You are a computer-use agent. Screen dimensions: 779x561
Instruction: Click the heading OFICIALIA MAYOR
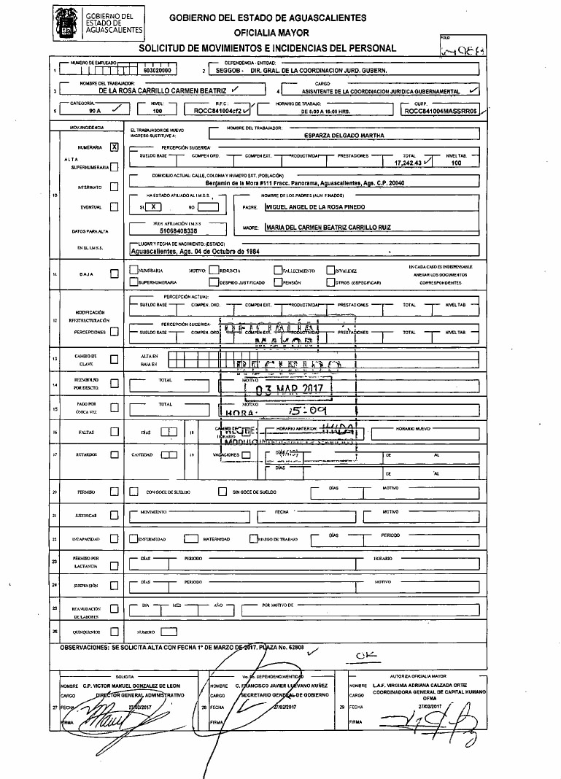click(271, 33)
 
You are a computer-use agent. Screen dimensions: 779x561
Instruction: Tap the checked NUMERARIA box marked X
click(113, 146)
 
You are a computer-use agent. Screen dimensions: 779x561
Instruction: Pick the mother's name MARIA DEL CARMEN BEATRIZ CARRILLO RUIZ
click(329, 227)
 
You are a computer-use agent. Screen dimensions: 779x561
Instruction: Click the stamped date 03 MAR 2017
click(290, 388)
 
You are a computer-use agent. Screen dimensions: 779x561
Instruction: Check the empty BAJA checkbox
click(113, 274)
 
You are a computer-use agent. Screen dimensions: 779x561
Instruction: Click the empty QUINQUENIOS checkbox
click(113, 631)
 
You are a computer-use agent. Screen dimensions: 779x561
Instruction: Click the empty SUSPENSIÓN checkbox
click(113, 586)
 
